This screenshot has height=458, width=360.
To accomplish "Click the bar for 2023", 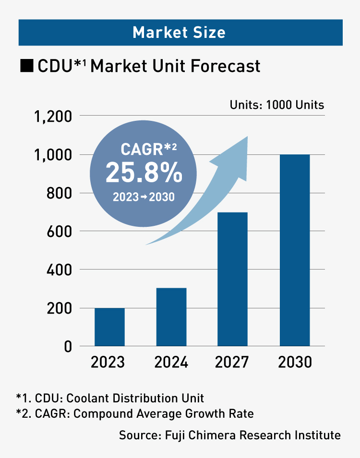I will pos(109,327).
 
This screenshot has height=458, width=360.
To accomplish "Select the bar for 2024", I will pos(171,317).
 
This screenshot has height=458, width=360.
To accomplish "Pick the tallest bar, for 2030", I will pos(294,250).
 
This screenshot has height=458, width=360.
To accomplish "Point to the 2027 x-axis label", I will pos(232,362).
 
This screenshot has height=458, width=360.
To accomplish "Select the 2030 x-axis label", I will pos(294,362).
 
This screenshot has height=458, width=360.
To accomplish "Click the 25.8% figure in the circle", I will pos(144,173).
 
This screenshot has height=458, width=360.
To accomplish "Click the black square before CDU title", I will pos(26,66).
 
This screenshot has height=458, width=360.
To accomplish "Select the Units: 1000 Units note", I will pos(277,105).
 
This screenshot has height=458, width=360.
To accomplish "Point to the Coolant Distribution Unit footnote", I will pos(110,398).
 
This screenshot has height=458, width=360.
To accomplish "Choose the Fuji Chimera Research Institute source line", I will pos(230,435).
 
